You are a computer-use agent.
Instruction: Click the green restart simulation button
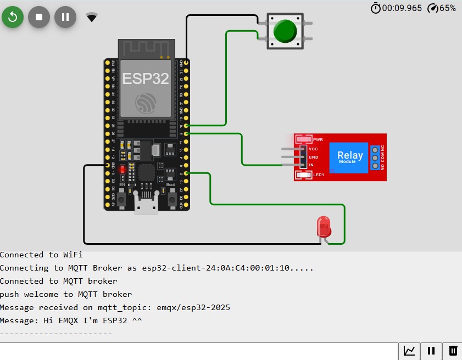[x=13, y=17]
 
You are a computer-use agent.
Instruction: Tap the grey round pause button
[x=65, y=17]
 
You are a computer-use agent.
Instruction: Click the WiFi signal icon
[x=92, y=18]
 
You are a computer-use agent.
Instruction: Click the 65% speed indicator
[x=442, y=8]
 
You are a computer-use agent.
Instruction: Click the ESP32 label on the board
[x=146, y=78]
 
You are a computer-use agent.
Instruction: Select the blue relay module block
[x=349, y=157]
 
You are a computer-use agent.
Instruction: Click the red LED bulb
[x=324, y=226]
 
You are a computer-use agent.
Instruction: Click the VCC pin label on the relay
[x=313, y=149]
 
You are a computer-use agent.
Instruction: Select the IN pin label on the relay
[x=311, y=165]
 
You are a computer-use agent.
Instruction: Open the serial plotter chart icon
[x=409, y=351]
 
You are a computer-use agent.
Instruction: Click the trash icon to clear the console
[x=453, y=351]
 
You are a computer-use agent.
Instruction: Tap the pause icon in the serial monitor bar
[x=431, y=351]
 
